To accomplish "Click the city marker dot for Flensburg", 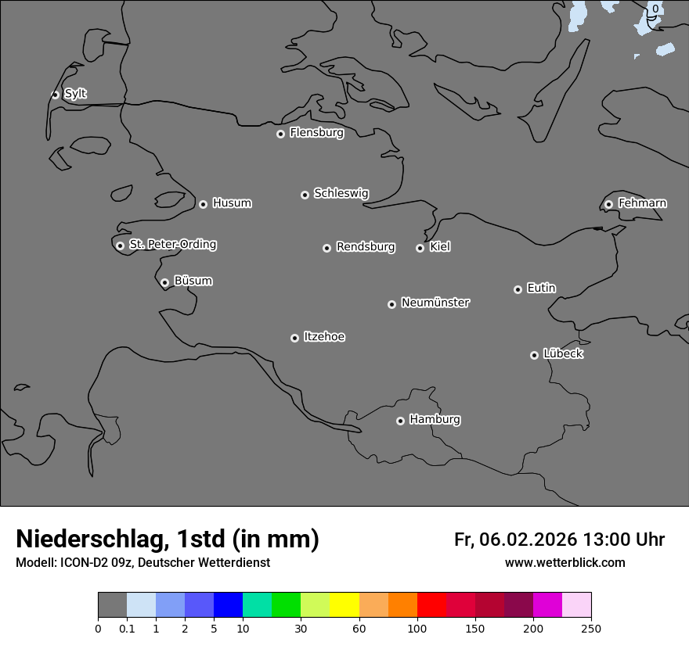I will tap(280, 134).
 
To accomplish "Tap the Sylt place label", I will tap(75, 94).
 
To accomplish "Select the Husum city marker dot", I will tap(203, 204).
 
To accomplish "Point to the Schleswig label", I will tap(341, 193).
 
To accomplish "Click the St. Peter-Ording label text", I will tap(172, 245).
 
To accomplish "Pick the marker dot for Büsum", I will tap(164, 283).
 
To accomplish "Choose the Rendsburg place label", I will tap(365, 247).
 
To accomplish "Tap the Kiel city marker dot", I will tap(420, 248).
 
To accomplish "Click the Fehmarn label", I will tap(642, 203).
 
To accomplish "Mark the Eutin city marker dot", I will tap(518, 289).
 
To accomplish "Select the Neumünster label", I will tap(435, 303).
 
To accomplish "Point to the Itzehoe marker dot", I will tap(294, 338).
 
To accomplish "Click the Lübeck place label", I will tap(563, 353).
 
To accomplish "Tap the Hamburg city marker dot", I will tap(400, 421).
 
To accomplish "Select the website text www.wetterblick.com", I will tap(565, 563).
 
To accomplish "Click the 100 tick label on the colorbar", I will tap(417, 629).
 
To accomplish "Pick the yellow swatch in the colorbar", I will tap(344, 605).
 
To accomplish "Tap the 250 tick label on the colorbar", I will tap(591, 629).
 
